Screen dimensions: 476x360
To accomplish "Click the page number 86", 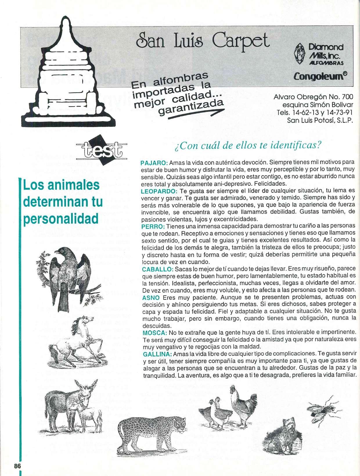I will pyautogui.click(x=17, y=466).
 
